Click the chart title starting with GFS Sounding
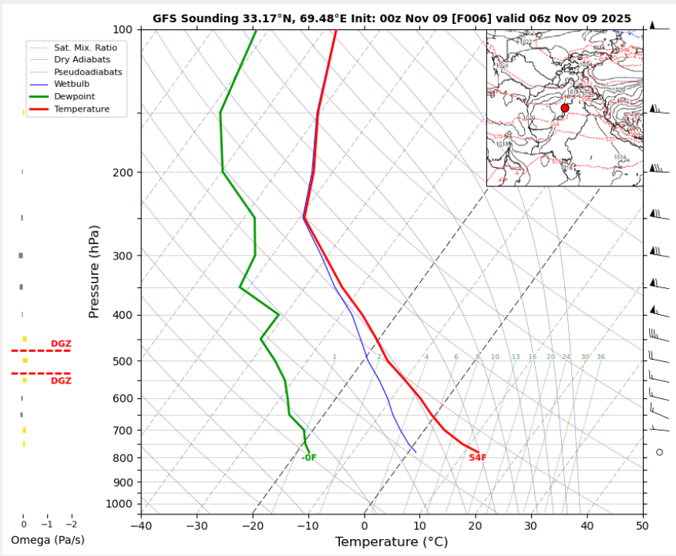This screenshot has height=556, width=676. click(x=392, y=18)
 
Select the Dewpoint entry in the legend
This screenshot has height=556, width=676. click(x=72, y=96)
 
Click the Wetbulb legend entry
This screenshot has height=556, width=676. click(x=72, y=84)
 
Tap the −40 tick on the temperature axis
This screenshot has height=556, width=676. click(x=141, y=525)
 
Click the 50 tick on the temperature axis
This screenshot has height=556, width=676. click(x=642, y=525)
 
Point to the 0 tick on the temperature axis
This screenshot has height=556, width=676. click(x=364, y=525)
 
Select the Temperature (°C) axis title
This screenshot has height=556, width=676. click(x=391, y=542)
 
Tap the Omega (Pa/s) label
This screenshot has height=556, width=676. click(x=48, y=540)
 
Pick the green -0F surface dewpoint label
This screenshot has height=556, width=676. click(x=309, y=457)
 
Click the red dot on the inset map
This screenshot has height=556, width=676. click(x=565, y=108)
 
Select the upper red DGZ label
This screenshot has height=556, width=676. click(x=61, y=343)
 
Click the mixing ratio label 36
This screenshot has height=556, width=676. click(x=600, y=357)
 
